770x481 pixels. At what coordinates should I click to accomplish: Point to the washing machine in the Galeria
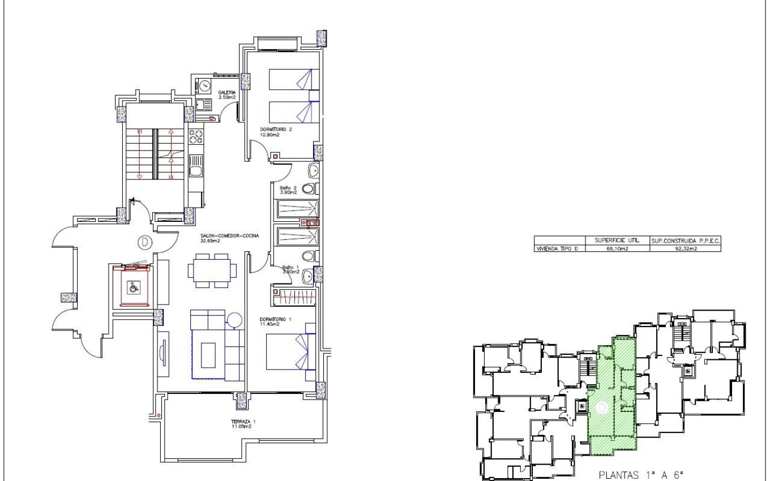pos(204,86)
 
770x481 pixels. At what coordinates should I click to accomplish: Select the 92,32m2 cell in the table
pos(684,248)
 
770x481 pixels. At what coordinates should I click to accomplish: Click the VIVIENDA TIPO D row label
pos(558,248)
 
